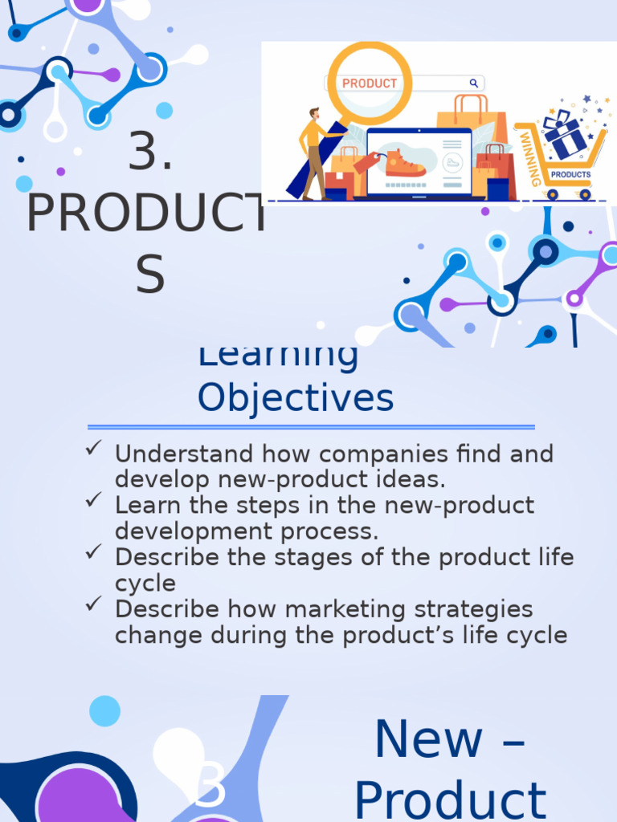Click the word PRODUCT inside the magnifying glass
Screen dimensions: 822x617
point(370,83)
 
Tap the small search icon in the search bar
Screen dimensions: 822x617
point(474,83)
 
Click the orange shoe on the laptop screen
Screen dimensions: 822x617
point(404,165)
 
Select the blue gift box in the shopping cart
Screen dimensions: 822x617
point(565,136)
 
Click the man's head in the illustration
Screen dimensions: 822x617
point(313,114)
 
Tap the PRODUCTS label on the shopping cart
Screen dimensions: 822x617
point(570,174)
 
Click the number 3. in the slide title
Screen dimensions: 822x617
point(150,152)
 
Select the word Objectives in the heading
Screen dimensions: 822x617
point(296,397)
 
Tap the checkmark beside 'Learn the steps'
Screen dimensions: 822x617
point(92,501)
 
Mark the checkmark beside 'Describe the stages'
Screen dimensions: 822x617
point(92,552)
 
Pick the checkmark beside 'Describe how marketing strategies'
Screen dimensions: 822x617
point(92,604)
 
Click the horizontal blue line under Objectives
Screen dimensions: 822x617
point(311,427)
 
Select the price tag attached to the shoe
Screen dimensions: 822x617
point(366,163)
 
